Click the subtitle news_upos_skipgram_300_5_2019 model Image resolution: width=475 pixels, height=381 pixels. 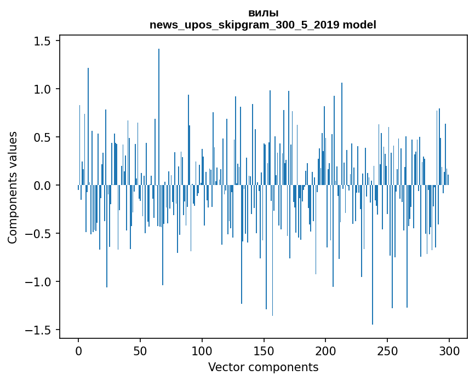coord(263,25)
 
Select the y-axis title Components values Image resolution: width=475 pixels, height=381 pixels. coord(13,187)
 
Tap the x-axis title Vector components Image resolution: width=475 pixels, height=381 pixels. coord(263,367)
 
